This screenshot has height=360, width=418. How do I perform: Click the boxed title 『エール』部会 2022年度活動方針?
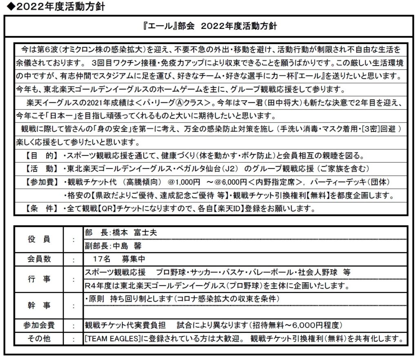coord(209,27)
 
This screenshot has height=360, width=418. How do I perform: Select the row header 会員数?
coord(39,259)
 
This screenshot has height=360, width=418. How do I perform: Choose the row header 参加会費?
coord(39,326)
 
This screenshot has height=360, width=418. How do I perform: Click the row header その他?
coord(39,338)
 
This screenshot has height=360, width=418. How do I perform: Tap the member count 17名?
coord(100,259)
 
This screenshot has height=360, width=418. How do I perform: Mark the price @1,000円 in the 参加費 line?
coord(173,181)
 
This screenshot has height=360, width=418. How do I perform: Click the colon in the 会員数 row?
coord(73,259)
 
